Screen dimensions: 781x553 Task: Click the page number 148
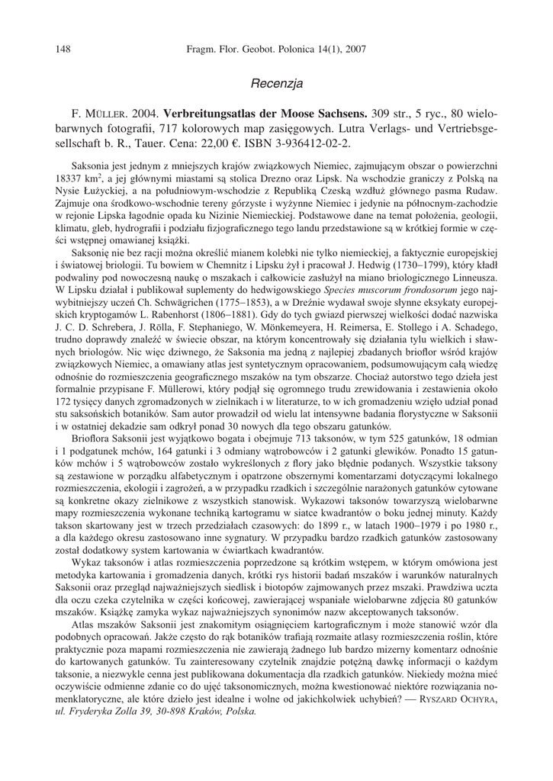tap(63, 50)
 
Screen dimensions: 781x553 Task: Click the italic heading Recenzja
tap(277, 82)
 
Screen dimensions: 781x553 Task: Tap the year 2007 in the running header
tap(354, 50)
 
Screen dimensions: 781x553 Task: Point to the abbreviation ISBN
tap(297, 143)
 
